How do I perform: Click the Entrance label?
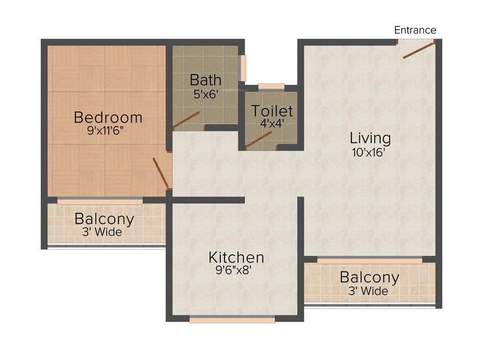tap(415, 30)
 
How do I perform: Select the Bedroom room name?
tap(108, 117)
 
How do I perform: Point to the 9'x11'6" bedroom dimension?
tap(108, 131)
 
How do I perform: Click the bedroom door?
tap(160, 172)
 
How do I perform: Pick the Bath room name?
tap(206, 80)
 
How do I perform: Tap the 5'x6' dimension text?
tap(206, 93)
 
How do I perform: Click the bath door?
tap(187, 120)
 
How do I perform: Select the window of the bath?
tap(242, 68)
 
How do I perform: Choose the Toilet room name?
tap(272, 111)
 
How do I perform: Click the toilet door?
tap(259, 139)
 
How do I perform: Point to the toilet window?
tap(271, 86)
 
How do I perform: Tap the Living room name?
tap(370, 138)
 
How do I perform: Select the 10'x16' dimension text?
tap(370, 152)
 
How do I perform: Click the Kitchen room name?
tap(236, 257)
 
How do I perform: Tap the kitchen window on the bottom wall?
tap(232, 320)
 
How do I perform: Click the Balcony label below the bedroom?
tap(105, 219)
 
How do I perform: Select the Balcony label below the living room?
tap(369, 277)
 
